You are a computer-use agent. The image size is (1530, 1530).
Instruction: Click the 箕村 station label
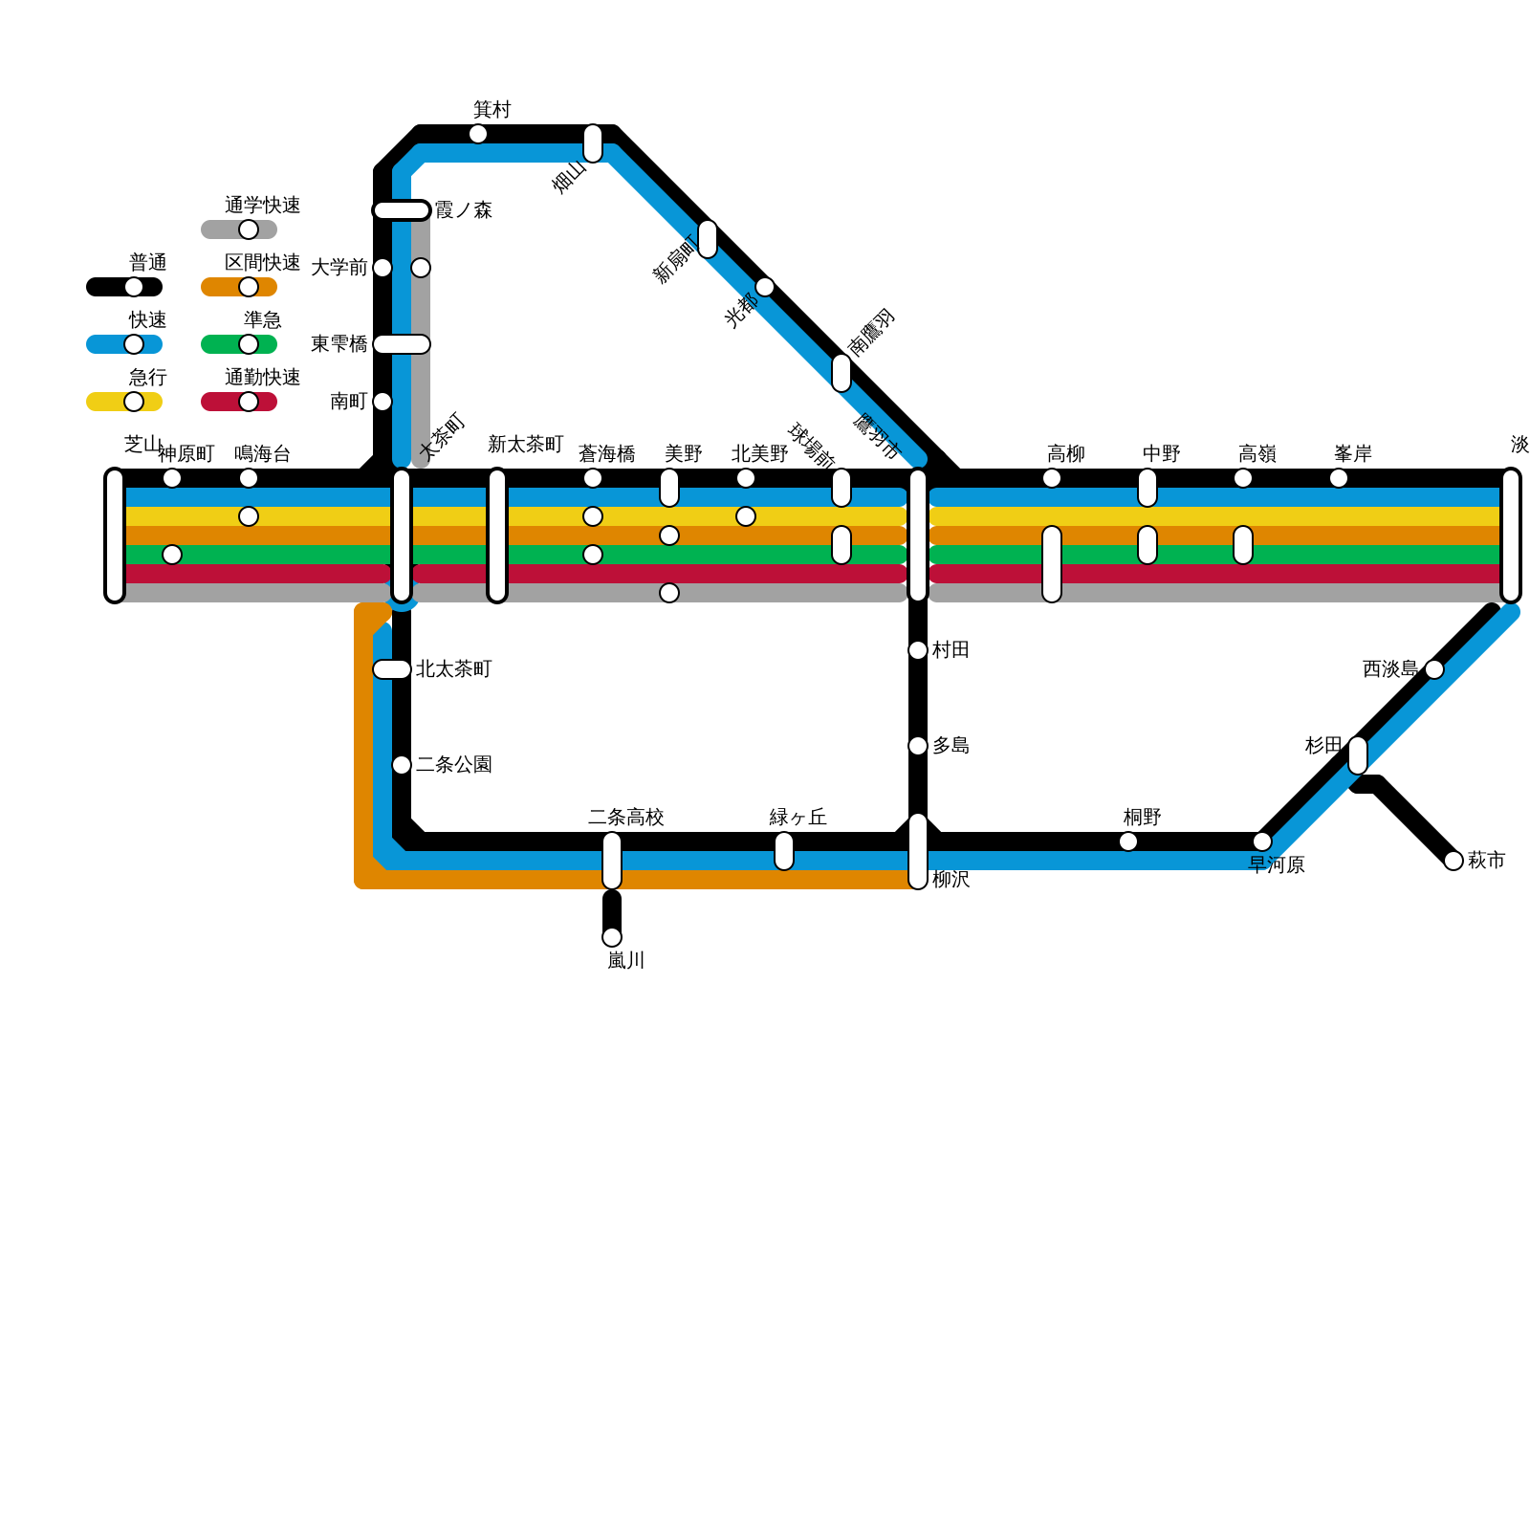pos(492,110)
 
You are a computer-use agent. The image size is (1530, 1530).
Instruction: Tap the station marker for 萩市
pos(1453,861)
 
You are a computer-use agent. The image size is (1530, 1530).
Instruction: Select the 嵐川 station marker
pos(612,937)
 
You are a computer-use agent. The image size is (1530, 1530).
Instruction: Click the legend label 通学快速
pos(262,206)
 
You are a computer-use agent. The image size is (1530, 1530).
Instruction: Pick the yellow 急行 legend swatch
pos(124,402)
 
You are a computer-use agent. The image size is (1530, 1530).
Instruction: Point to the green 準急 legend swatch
pos(239,344)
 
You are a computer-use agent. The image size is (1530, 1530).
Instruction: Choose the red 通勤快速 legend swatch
pos(239,402)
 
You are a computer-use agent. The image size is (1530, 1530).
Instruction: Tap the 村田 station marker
pos(918,650)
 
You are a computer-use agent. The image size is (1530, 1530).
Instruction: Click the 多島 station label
pos(951,746)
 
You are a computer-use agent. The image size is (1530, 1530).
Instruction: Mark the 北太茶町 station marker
pos(392,669)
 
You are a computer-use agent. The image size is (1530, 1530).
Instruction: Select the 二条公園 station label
pos(453,765)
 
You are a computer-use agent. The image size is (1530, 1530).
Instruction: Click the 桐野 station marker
pos(1128,841)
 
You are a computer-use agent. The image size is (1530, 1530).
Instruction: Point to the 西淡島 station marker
pos(1434,669)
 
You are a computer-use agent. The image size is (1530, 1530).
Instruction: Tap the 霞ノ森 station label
pos(463,210)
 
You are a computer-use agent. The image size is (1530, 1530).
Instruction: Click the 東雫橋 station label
pos(339,344)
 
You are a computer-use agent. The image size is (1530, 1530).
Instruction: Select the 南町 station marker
pos(382,402)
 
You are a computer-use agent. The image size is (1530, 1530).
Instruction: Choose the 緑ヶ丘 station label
pos(798,818)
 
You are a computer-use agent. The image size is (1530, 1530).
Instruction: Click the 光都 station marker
pos(765,287)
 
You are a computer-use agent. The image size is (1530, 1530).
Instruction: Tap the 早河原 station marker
pos(1262,841)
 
